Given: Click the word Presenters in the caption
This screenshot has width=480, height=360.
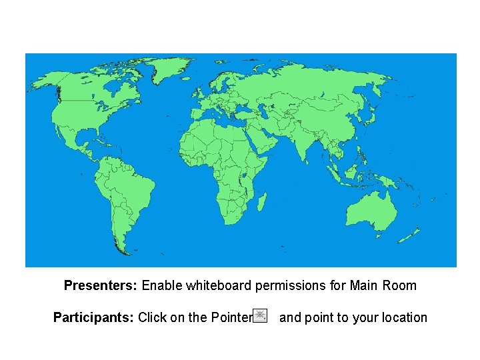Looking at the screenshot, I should click(x=101, y=286).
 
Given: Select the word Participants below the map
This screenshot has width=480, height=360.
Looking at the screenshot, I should click(x=93, y=317).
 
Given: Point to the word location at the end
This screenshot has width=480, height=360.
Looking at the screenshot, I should click(x=401, y=317).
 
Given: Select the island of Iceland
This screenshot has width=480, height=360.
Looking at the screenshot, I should click(x=195, y=82).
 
